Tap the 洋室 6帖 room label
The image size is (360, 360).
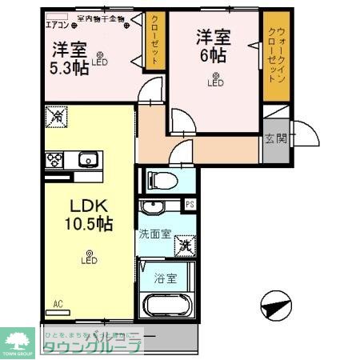point(214,45)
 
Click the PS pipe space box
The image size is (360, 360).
point(190,205)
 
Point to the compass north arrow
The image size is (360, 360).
point(274,306)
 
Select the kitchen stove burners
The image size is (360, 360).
point(54,158)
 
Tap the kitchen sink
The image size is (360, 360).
point(86,160)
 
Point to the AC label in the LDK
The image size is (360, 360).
point(58,303)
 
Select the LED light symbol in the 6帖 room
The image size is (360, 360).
point(214,78)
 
